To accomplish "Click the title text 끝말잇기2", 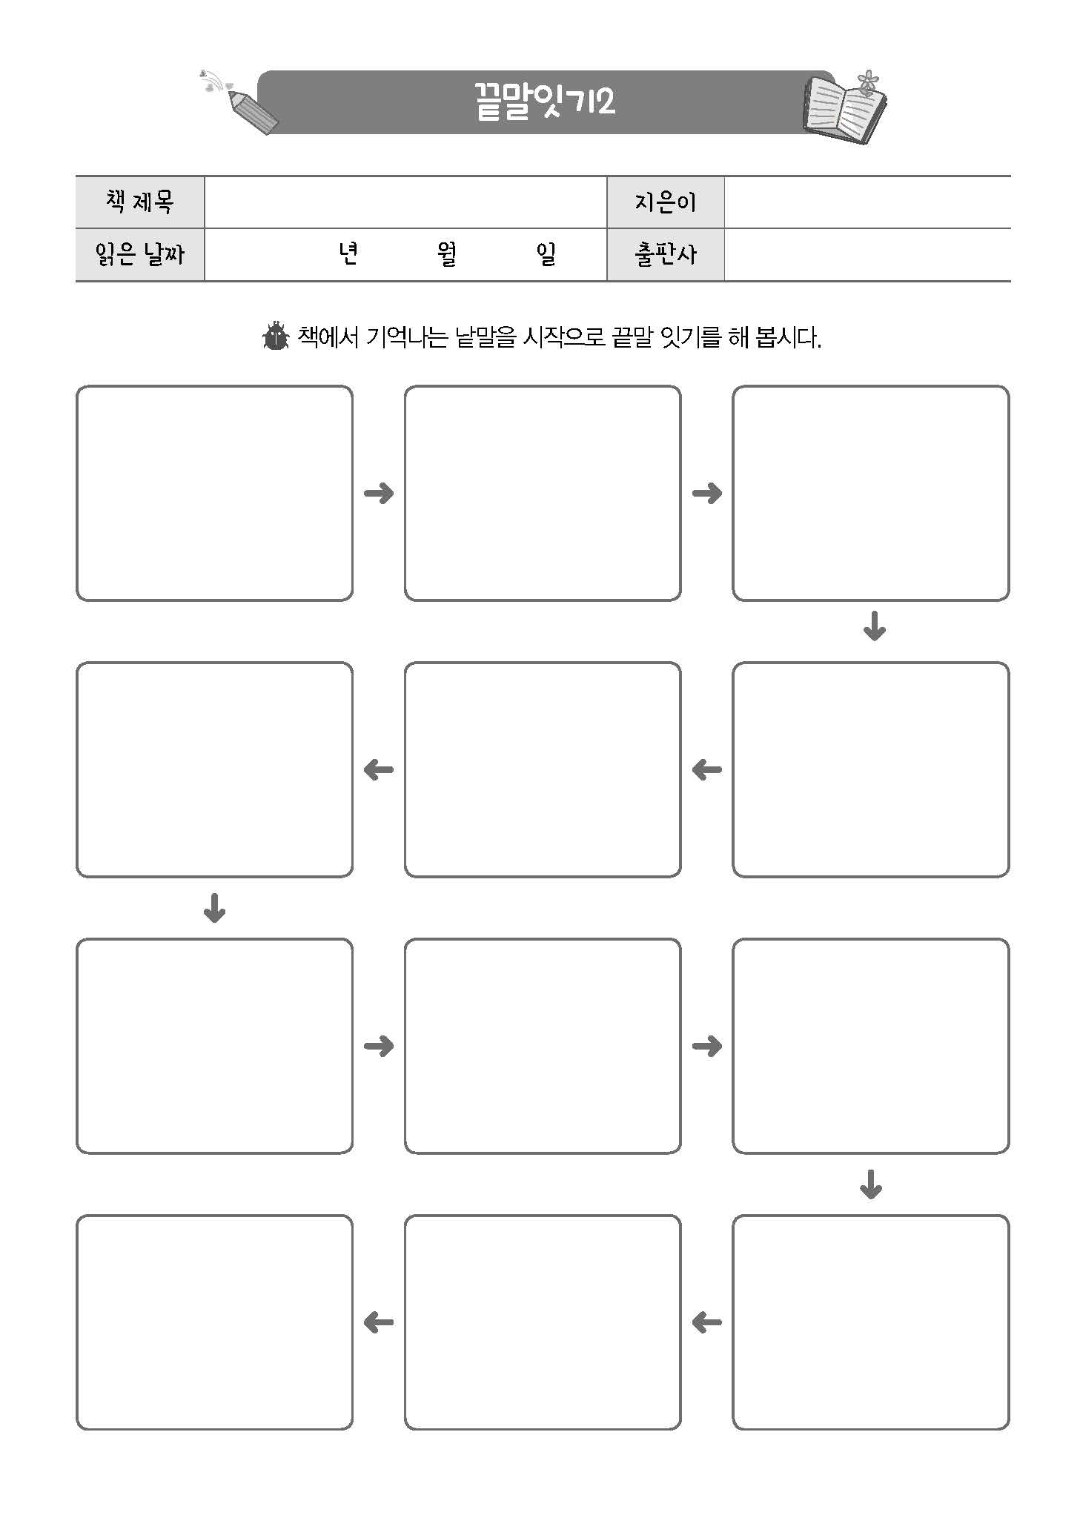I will coord(545,102).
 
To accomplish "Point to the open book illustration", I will coord(845,111).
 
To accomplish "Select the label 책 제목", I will coord(139,202).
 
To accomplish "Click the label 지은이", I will coord(665,202).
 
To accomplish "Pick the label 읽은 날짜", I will coord(139,255).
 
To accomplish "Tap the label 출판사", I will coord(665,255).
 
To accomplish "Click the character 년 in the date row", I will coord(348,255).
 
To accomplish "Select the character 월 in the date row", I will coord(447,255).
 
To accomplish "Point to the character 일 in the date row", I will coord(546,255).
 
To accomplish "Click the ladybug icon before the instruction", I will coord(276,337).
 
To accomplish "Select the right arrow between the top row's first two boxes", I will coord(379,493).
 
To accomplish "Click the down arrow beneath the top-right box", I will coord(875,626).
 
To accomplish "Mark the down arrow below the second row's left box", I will coord(214,908).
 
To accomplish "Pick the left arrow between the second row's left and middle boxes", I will coord(379,770).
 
